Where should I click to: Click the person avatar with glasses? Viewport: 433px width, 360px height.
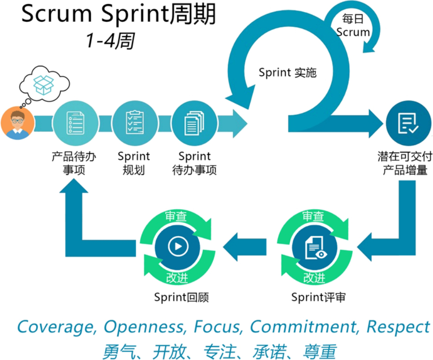click(x=18, y=122)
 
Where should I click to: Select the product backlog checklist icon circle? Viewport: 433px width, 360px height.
click(x=75, y=123)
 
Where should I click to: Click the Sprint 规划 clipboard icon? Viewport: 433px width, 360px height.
click(x=135, y=123)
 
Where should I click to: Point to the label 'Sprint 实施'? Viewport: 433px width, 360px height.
click(x=288, y=73)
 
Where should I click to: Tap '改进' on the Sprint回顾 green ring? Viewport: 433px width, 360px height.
click(x=177, y=278)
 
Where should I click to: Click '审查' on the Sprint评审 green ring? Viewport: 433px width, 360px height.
click(x=314, y=216)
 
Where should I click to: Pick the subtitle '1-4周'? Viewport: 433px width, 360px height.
click(x=109, y=41)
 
